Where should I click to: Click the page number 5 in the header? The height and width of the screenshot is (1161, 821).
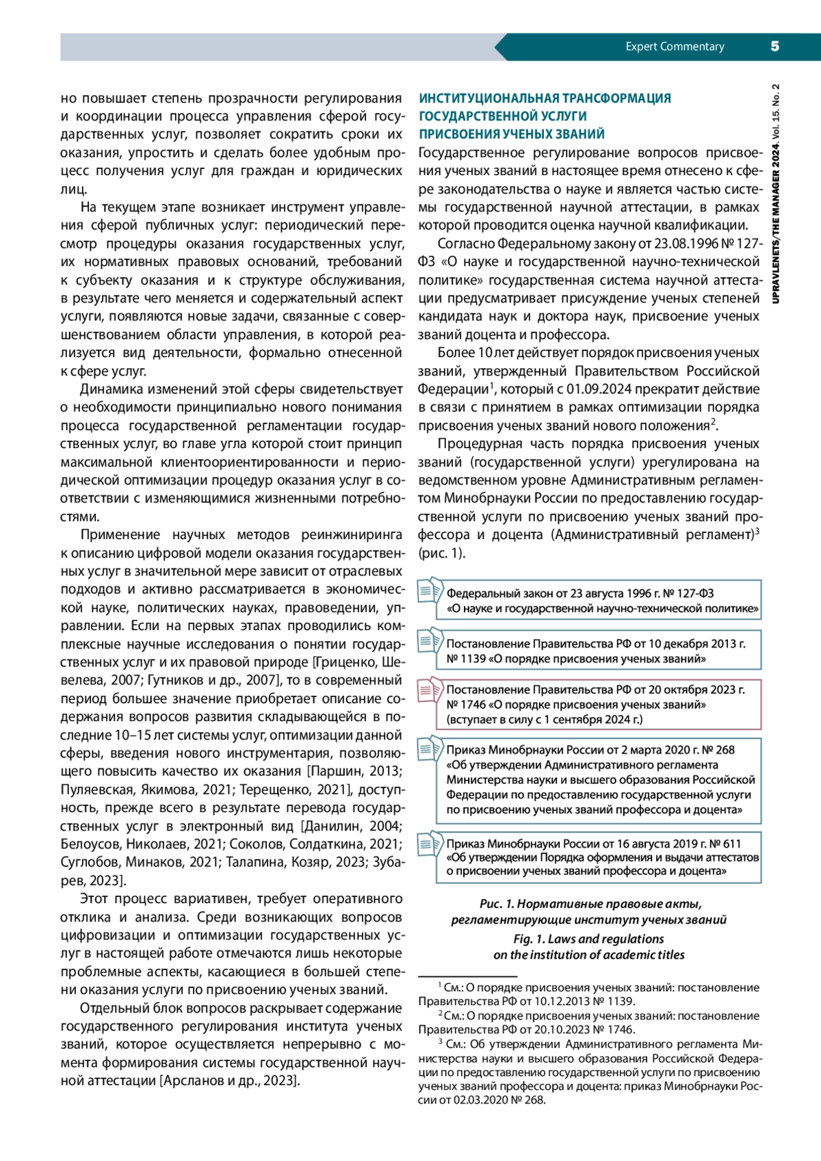774,47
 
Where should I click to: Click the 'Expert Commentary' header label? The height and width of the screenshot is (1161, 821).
675,47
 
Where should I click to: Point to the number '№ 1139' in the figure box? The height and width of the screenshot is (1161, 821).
466,659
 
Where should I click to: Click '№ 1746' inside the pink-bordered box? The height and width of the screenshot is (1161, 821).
466,705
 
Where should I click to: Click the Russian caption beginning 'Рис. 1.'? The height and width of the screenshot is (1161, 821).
589,904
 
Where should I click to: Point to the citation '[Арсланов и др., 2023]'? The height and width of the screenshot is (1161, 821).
230,1081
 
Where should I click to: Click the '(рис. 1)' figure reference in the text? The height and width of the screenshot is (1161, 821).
442,553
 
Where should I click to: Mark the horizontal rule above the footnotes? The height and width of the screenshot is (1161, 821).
467,976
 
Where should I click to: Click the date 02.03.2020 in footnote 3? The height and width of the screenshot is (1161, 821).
481,1100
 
